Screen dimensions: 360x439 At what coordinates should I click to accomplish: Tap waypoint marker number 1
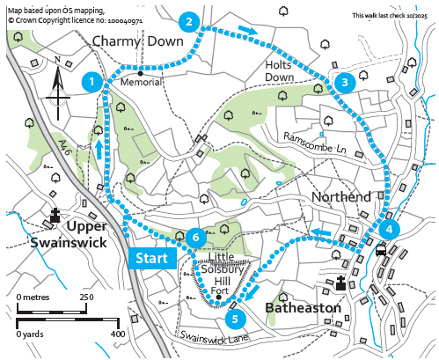point(89,82)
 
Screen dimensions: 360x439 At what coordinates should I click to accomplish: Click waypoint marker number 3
point(345,83)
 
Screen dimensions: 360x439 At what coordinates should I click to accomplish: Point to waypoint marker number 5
point(233,318)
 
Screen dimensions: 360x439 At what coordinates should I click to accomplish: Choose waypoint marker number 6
point(196,237)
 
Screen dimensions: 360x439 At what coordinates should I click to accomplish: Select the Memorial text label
point(144,82)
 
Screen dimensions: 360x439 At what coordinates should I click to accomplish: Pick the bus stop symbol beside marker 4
point(381,250)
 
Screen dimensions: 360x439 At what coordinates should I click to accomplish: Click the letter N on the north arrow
point(56,61)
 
